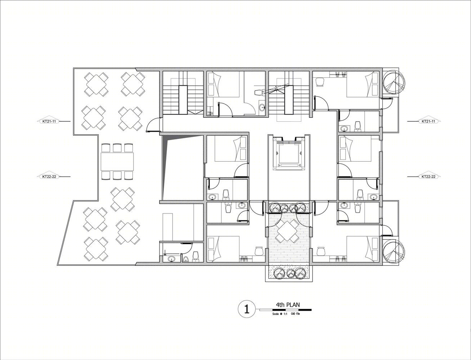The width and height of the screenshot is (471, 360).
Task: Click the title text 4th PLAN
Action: (x=288, y=305)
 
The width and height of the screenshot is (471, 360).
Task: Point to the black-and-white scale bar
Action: (x=286, y=310)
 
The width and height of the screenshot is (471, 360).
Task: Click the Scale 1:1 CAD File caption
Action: (x=286, y=314)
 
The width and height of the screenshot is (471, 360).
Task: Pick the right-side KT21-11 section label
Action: (x=428, y=121)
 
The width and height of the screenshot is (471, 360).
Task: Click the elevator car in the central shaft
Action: (x=289, y=153)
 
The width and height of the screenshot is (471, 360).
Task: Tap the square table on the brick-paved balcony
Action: (x=287, y=232)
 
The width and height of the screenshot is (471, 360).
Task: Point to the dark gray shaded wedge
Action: (x=165, y=163)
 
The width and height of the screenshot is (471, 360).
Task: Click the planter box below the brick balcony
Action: (x=289, y=273)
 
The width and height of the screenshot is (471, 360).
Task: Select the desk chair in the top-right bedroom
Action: (x=320, y=82)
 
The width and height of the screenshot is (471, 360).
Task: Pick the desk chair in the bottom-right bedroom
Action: (x=320, y=251)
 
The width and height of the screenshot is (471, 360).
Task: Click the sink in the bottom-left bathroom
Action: (x=171, y=259)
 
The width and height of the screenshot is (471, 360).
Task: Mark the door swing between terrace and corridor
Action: (x=153, y=125)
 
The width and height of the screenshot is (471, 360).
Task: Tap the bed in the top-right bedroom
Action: (x=362, y=84)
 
